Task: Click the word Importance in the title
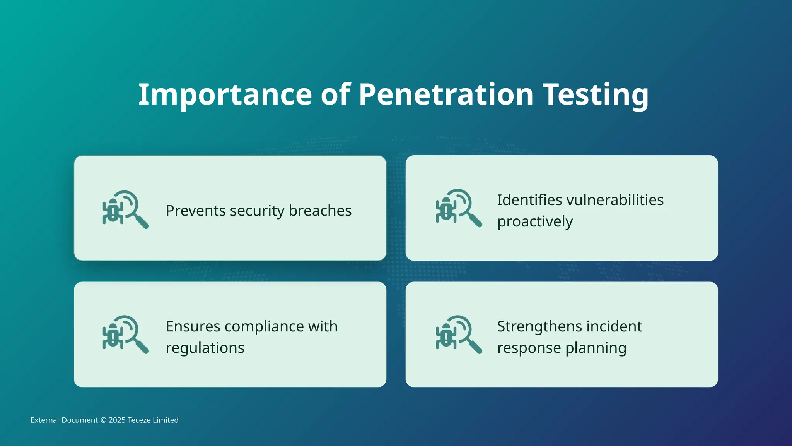[x=225, y=95]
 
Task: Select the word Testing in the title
[x=596, y=95]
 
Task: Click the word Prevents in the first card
[x=195, y=211]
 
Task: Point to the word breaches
[x=320, y=211]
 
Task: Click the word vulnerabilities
[x=615, y=200]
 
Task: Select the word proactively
[x=535, y=222]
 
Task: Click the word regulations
[x=205, y=348]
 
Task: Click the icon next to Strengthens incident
[x=459, y=334]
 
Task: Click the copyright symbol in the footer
[x=103, y=420]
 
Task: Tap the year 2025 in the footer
[x=117, y=420]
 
